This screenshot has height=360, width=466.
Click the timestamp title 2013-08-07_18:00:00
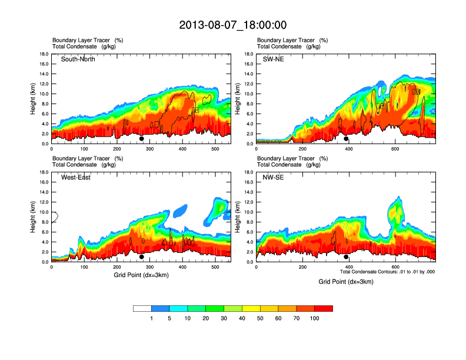pyautogui.click(x=232, y=25)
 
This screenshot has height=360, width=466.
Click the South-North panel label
pyautogui.click(x=78, y=59)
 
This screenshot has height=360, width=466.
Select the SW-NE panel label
pyautogui.click(x=273, y=59)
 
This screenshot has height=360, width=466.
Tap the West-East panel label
pyautogui.click(x=76, y=178)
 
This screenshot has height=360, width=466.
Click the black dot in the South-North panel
pyautogui.click(x=141, y=139)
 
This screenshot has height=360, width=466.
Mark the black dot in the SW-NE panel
pyautogui.click(x=346, y=139)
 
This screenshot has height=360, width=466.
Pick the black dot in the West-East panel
pyautogui.click(x=141, y=257)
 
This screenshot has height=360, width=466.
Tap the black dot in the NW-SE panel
pyautogui.click(x=346, y=257)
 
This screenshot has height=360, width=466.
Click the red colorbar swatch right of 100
pyautogui.click(x=324, y=308)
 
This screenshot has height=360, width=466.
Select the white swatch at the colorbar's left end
pyautogui.click(x=142, y=308)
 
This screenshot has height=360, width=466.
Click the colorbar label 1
pyautogui.click(x=151, y=318)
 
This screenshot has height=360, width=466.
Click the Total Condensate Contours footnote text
pyautogui.click(x=387, y=272)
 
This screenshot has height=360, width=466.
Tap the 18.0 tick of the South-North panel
pyautogui.click(x=44, y=54)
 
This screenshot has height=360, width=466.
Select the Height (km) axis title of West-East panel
pyautogui.click(x=34, y=217)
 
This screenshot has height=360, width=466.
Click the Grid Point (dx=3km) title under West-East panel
pyautogui.click(x=141, y=275)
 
